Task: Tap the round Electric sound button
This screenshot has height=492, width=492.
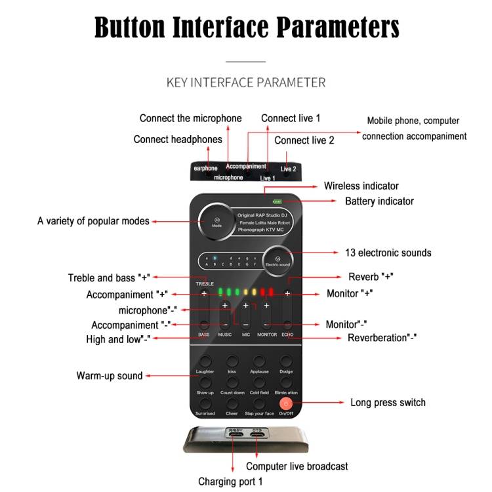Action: tap(277, 260)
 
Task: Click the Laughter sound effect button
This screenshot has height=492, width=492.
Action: tap(205, 362)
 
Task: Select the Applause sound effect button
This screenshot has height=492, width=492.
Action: tap(258, 362)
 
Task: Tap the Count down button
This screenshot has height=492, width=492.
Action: tap(232, 383)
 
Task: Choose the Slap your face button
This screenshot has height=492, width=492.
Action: tap(258, 404)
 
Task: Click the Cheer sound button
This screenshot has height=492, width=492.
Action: tap(232, 404)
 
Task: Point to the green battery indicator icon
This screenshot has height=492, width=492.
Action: tap(277, 202)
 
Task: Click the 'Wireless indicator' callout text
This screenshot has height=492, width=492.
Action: tap(361, 186)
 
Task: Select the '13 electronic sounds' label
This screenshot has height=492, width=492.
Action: tap(388, 253)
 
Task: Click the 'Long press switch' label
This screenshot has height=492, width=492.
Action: tap(388, 402)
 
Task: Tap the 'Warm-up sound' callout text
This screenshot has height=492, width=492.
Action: tap(110, 376)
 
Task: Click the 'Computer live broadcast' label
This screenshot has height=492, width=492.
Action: tap(297, 466)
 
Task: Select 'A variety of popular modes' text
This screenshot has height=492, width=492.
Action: tap(93, 221)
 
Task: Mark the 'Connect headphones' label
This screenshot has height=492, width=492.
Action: tap(178, 139)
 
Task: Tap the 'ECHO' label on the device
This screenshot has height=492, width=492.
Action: tap(287, 335)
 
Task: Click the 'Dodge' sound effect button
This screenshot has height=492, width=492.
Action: tap(286, 362)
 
